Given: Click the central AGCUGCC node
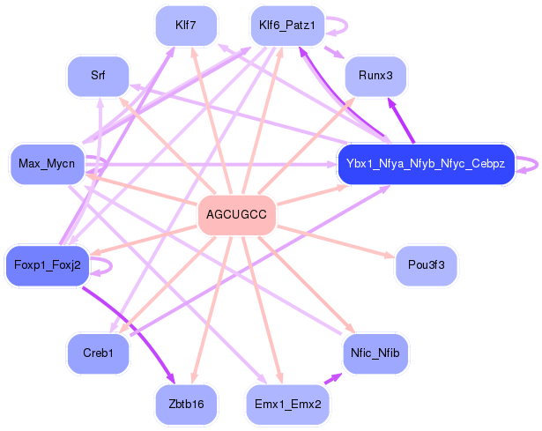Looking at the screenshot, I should click(237, 214).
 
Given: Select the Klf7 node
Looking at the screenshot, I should click(186, 25).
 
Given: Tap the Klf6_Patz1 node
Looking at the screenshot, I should click(287, 25).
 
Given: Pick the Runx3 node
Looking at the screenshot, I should click(375, 77).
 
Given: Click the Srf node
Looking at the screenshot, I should click(98, 76).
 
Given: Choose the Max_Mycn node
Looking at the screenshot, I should click(45, 164).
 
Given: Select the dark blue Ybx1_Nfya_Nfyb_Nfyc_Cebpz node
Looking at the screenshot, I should click(425, 164).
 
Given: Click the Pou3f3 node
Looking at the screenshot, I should click(426, 264).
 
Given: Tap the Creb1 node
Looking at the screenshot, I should click(98, 353).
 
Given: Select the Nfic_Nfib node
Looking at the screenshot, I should click(375, 353).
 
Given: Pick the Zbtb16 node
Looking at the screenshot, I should click(186, 404).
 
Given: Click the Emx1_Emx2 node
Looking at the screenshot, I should click(287, 404).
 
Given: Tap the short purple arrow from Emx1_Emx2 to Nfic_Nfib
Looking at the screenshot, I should click(332, 378).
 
